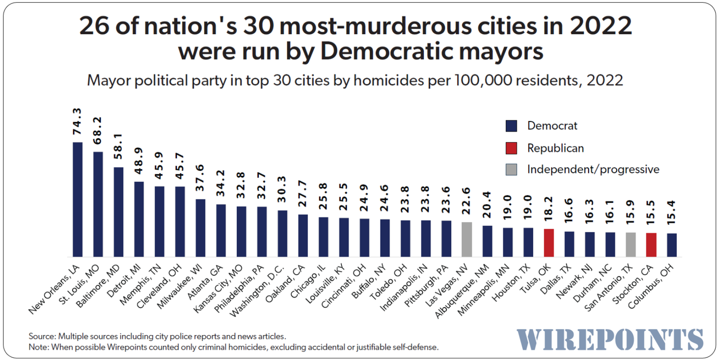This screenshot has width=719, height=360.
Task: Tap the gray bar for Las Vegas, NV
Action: (467, 239)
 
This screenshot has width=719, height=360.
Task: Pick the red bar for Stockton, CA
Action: (651, 245)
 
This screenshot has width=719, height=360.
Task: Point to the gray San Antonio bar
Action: (630, 244)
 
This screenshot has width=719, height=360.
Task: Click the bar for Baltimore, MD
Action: (119, 212)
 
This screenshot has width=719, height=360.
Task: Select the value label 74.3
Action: (77, 121)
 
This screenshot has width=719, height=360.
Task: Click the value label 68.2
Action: (98, 130)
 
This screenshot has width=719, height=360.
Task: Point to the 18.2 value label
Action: (548, 208)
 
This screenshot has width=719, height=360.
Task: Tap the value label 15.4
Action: (671, 212)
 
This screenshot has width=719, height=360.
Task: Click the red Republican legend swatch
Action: (511, 148)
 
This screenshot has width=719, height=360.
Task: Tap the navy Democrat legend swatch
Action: (511, 126)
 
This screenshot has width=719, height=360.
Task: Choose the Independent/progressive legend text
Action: (593, 169)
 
